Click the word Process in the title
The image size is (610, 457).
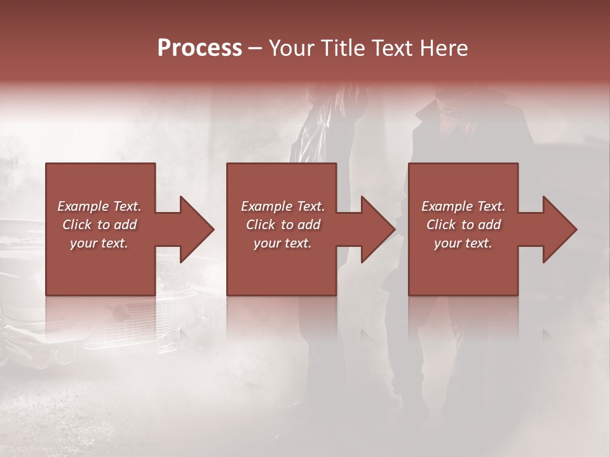tap(200, 48)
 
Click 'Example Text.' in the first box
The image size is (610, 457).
tap(99, 206)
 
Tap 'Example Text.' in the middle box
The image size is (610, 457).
tap(282, 206)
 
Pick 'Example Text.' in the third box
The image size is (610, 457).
tap(463, 206)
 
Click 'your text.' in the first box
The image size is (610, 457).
tap(99, 244)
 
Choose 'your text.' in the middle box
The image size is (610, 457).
tap(282, 244)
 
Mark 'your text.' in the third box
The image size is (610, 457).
tap(463, 244)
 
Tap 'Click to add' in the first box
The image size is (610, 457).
tap(99, 225)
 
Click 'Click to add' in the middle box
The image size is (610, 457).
tap(282, 225)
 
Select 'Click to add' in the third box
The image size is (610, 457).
tap(463, 225)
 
